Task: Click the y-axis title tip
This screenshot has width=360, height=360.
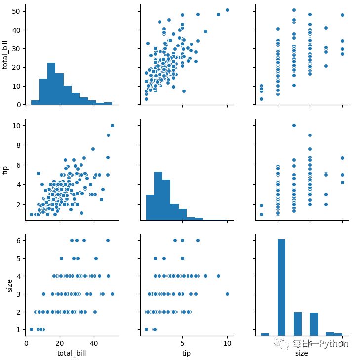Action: pyautogui.click(x=6, y=170)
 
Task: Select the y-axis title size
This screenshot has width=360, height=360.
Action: pyautogui.click(x=9, y=286)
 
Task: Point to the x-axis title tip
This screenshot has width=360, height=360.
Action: pyautogui.click(x=187, y=353)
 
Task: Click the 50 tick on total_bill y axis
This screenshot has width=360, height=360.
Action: pyautogui.click(x=17, y=11)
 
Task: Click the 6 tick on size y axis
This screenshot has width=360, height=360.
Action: pyautogui.click(x=19, y=241)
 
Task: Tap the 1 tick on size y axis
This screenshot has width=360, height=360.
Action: pyautogui.click(x=19, y=329)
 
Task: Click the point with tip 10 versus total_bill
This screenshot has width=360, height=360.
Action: pyautogui.click(x=112, y=125)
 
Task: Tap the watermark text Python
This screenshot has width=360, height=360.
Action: pyautogui.click(x=334, y=343)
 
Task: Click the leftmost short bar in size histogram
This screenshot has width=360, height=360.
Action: pyautogui.click(x=265, y=334)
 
